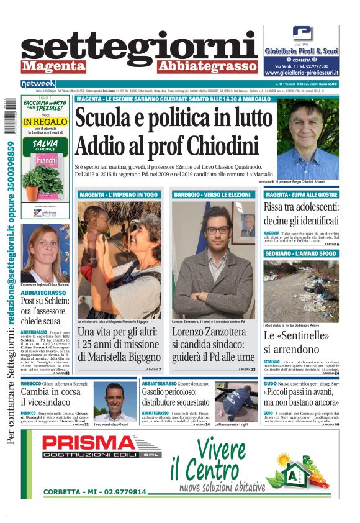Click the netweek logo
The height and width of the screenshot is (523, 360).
[x=38, y=83]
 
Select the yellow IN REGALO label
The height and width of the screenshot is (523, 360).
[x=45, y=122]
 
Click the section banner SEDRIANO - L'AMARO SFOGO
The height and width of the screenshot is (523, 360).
[x=301, y=255]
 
